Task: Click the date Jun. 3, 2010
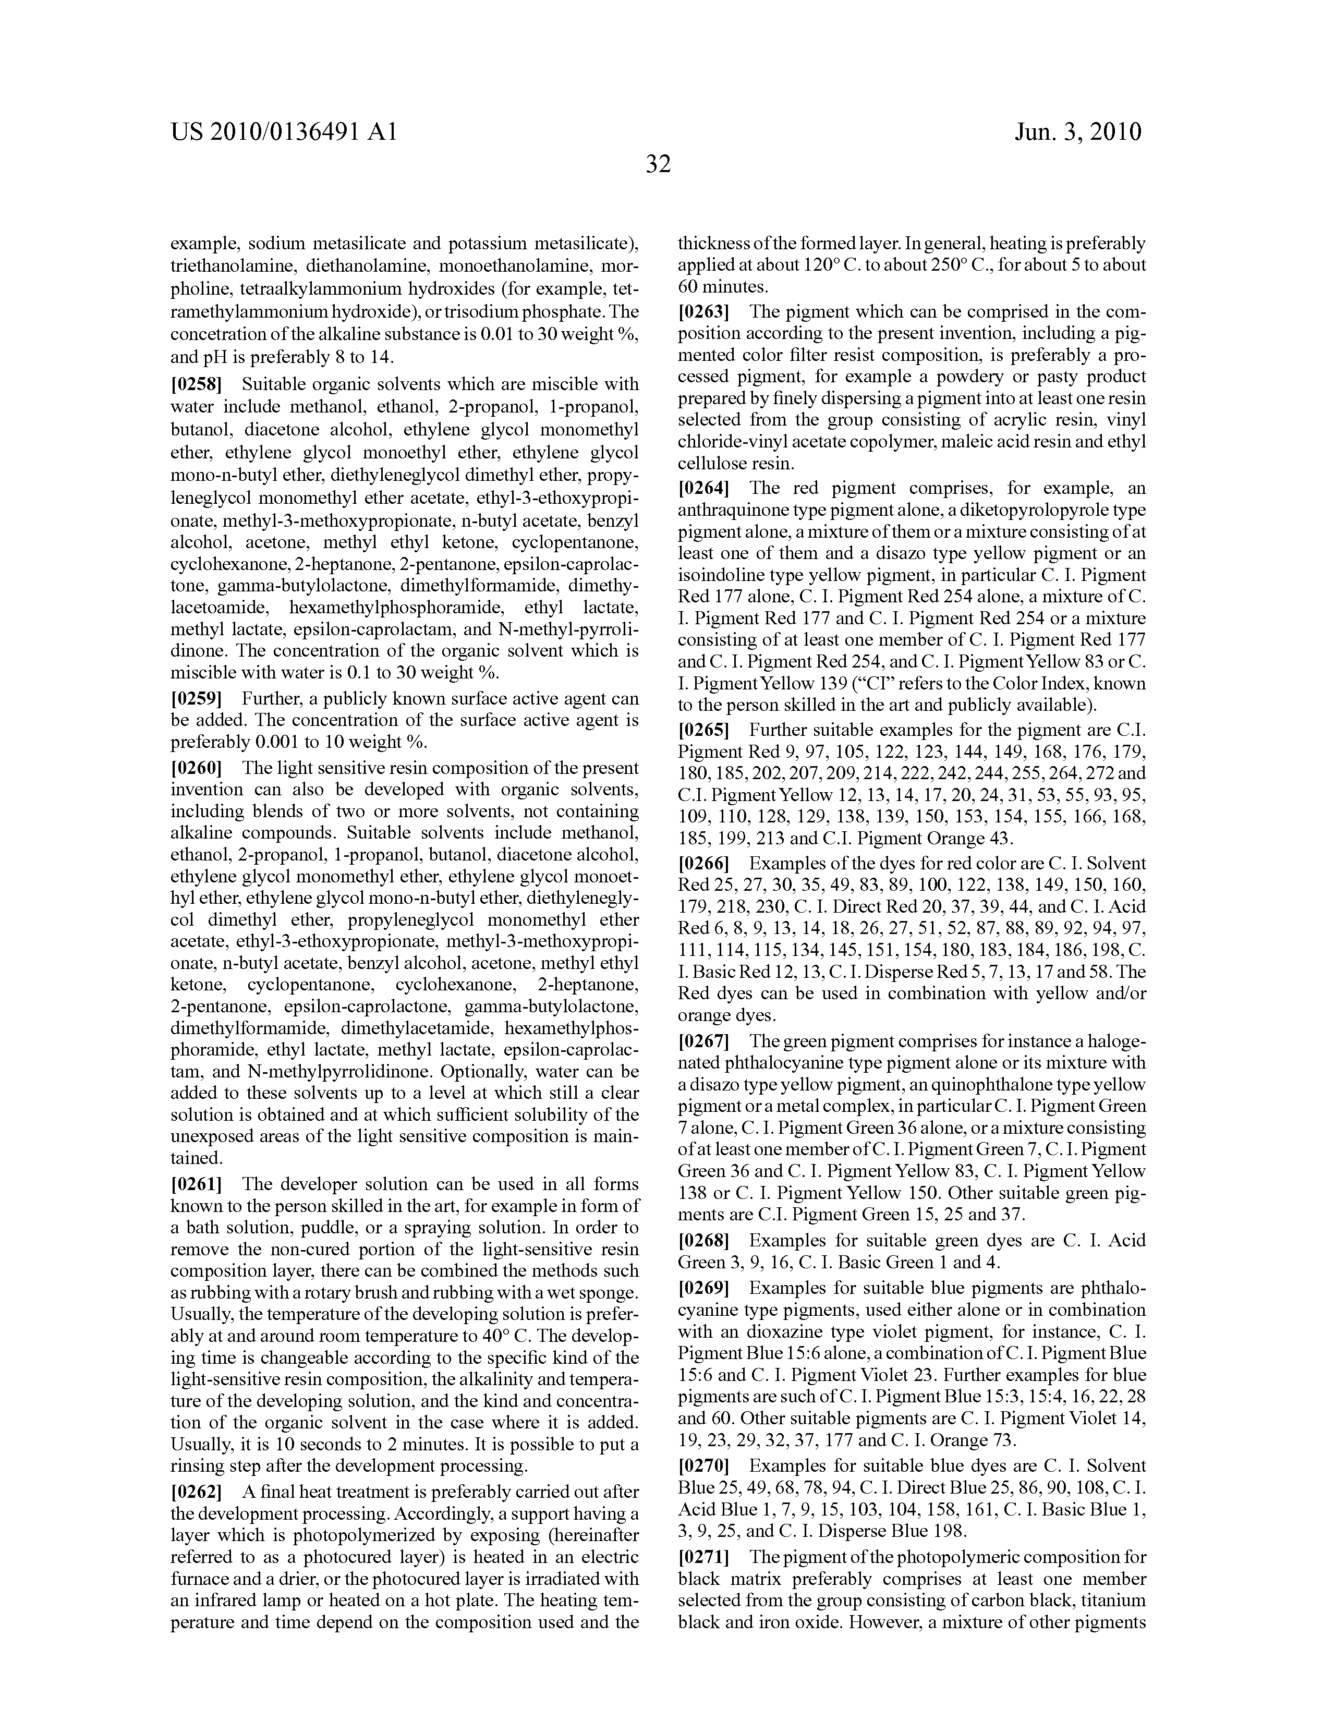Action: point(1077,131)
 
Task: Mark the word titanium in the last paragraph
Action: point(1113,1601)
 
